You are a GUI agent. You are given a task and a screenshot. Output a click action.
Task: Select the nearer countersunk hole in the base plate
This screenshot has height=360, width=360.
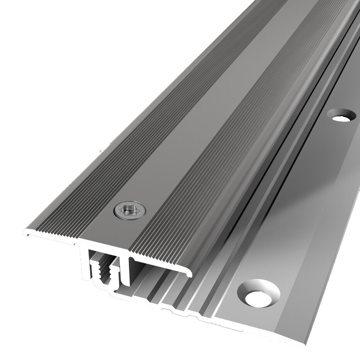click(x=259, y=294)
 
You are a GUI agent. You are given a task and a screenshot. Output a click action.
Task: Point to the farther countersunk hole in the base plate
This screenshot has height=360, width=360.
click(x=341, y=116)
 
